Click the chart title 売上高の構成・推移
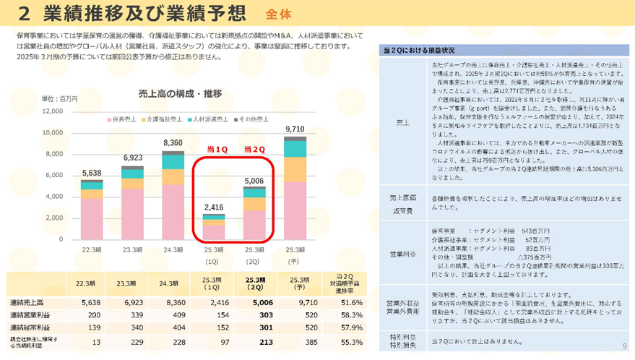[x=179, y=93]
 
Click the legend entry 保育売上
[x=125, y=119]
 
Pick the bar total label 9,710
[x=295, y=129]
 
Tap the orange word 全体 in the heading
[x=279, y=14]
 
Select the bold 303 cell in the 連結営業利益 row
[x=254, y=316]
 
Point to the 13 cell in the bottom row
[x=97, y=342]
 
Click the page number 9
[x=624, y=346]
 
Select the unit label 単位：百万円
[x=59, y=98]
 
